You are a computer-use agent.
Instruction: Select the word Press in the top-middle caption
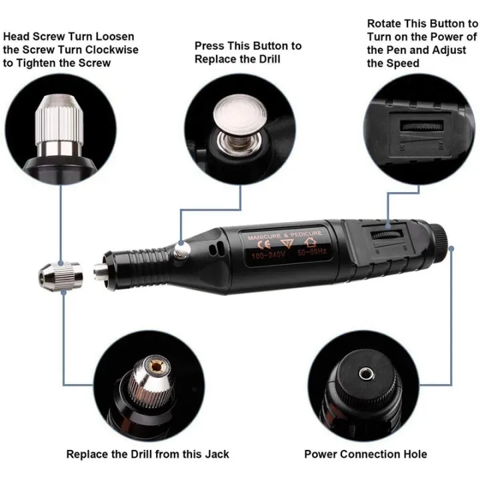tap(208, 45)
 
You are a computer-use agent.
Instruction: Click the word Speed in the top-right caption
tap(402, 63)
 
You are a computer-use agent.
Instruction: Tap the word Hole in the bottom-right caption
tap(413, 454)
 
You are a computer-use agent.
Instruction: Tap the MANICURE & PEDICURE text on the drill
tap(285, 234)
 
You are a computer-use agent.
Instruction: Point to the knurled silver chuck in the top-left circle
tap(61, 117)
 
